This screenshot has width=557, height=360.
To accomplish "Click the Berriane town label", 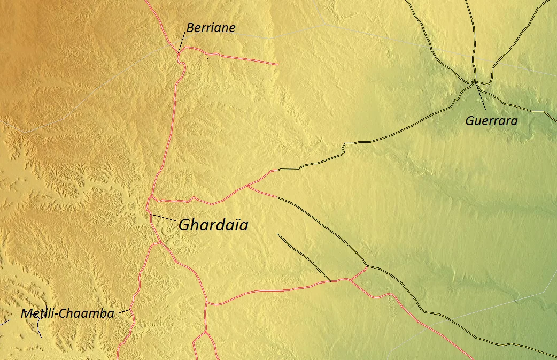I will click(211, 28).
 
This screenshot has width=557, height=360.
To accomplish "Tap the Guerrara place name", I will click(491, 121).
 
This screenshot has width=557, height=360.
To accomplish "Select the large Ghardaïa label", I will click(213, 225).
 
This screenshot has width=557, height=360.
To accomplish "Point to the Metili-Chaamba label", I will click(67, 313).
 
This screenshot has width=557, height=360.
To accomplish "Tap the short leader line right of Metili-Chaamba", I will click(124, 311).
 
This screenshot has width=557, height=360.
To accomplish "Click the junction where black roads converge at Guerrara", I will click(475, 82).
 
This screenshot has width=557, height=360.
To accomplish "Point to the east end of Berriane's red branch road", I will click(277, 64).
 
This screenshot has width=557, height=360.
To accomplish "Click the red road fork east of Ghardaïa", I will click(247, 186).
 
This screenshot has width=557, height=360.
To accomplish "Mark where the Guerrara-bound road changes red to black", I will click(276, 170).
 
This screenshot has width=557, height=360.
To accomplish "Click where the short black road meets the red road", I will click(331, 281).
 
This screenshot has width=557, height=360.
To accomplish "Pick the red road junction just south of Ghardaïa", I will click(160, 242).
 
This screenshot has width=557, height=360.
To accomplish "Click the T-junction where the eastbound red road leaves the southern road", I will click(207, 303).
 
